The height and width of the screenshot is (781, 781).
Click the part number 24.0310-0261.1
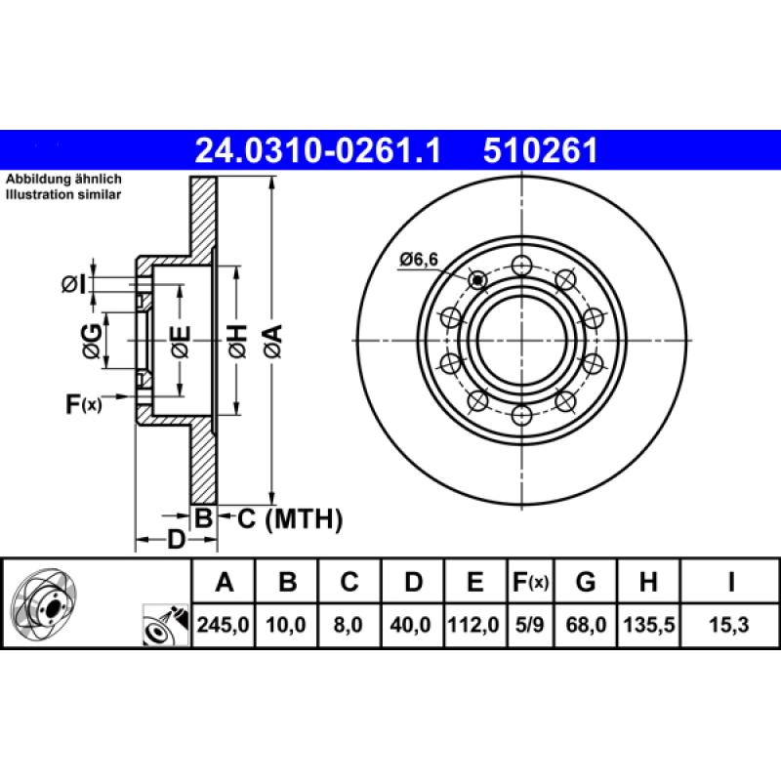point(319,150)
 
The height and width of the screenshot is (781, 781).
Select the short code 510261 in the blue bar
point(540,150)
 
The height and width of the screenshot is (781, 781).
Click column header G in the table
point(586,584)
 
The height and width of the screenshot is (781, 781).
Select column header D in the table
point(413,584)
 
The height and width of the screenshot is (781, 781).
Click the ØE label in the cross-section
point(180,341)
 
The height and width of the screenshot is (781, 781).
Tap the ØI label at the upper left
point(74,284)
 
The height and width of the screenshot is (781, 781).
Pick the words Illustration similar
point(63,195)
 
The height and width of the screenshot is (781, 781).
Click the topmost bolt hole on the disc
point(522,265)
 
